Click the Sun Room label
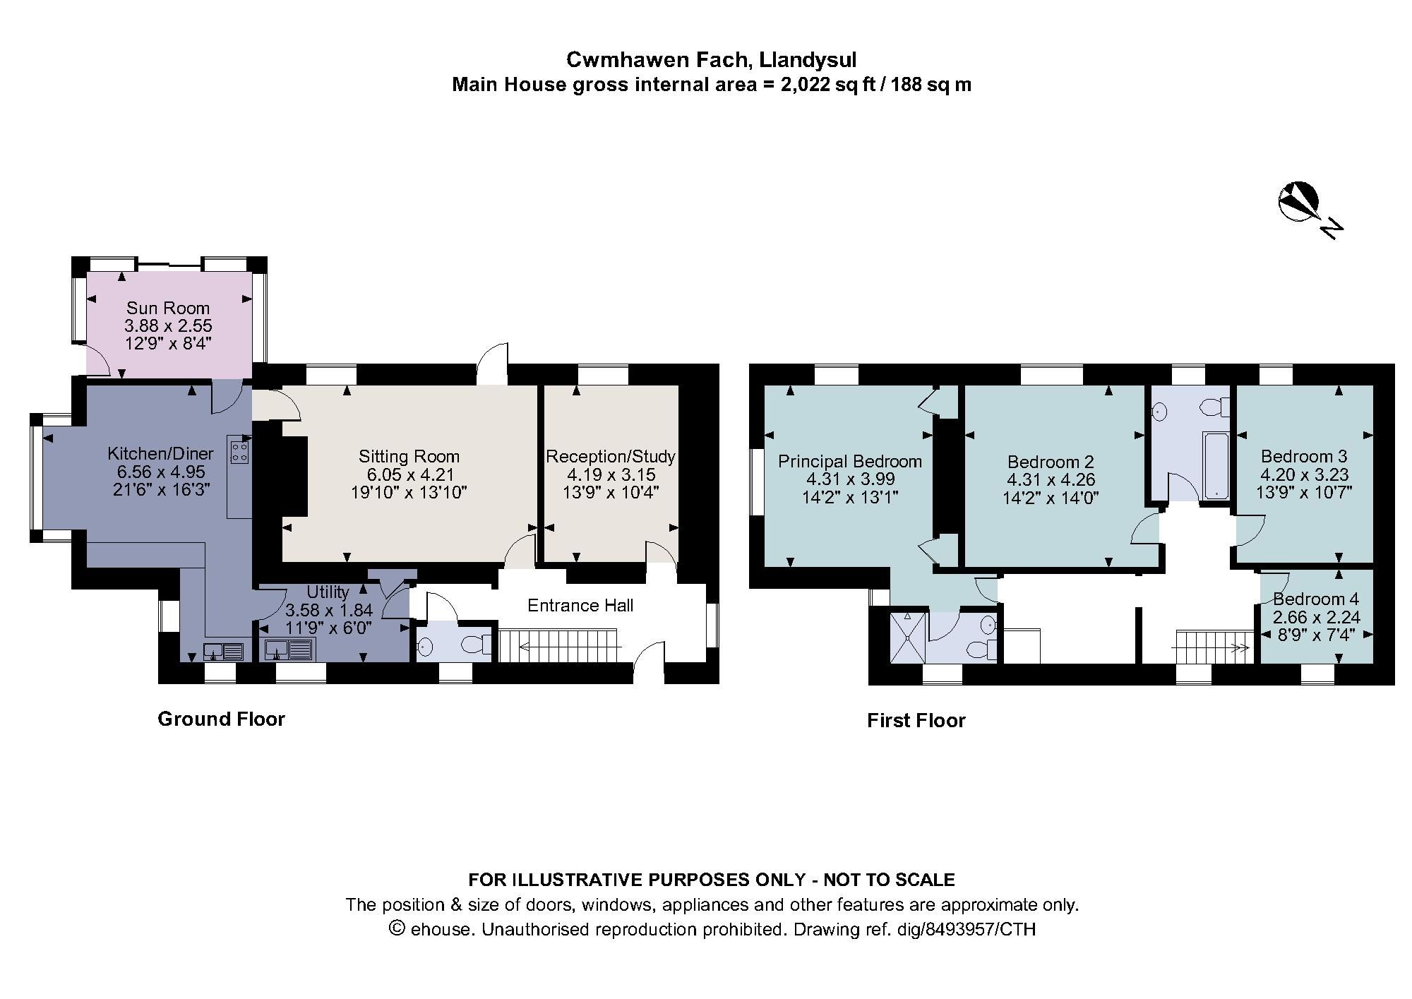click(168, 308)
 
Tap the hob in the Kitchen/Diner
click(239, 450)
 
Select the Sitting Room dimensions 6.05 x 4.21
click(409, 474)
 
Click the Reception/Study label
click(610, 456)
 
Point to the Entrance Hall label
click(580, 605)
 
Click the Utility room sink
click(290, 649)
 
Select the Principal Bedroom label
click(849, 461)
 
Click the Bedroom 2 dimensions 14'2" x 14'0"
click(1051, 497)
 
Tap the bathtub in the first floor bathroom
click(1216, 466)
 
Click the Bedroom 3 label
click(1304, 456)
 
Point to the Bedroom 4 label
click(1316, 599)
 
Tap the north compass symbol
click(1298, 203)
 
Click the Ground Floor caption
click(221, 719)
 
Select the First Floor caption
click(916, 720)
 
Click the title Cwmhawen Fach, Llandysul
click(711, 60)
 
